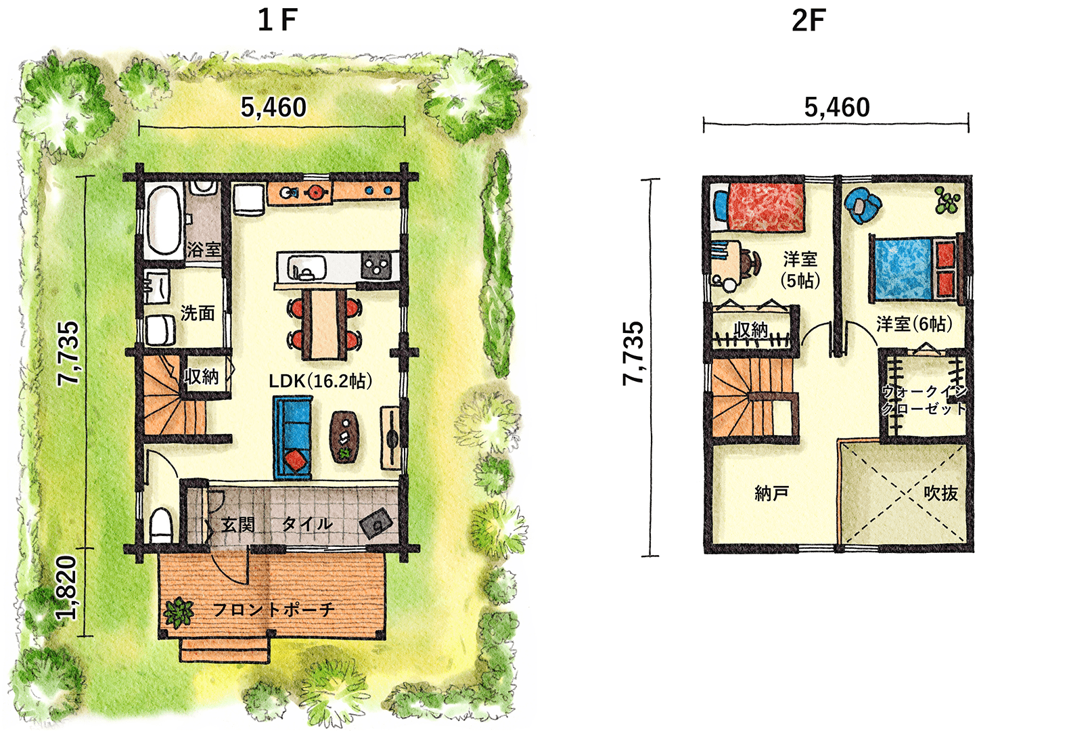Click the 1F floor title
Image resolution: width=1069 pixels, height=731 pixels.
[277, 20]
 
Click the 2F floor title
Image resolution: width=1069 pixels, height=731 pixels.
[809, 20]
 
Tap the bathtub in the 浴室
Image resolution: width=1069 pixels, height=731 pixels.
[162, 221]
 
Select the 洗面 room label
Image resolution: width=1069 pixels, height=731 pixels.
[198, 313]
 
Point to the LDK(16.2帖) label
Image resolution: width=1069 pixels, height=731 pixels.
[320, 380]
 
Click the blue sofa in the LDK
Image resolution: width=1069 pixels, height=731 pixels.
[292, 437]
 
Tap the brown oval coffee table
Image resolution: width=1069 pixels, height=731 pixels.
[345, 437]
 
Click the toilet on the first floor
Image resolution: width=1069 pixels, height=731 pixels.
[161, 525]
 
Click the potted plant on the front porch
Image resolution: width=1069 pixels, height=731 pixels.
[179, 612]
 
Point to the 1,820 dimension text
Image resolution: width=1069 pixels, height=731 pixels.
[67, 588]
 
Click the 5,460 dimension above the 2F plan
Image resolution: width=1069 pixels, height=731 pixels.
[837, 107]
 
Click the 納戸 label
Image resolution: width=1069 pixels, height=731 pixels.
[771, 493]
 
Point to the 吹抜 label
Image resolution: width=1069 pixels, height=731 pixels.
[940, 493]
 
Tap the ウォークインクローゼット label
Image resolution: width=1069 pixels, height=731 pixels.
[924, 400]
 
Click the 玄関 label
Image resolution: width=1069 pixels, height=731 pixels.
[238, 525]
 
